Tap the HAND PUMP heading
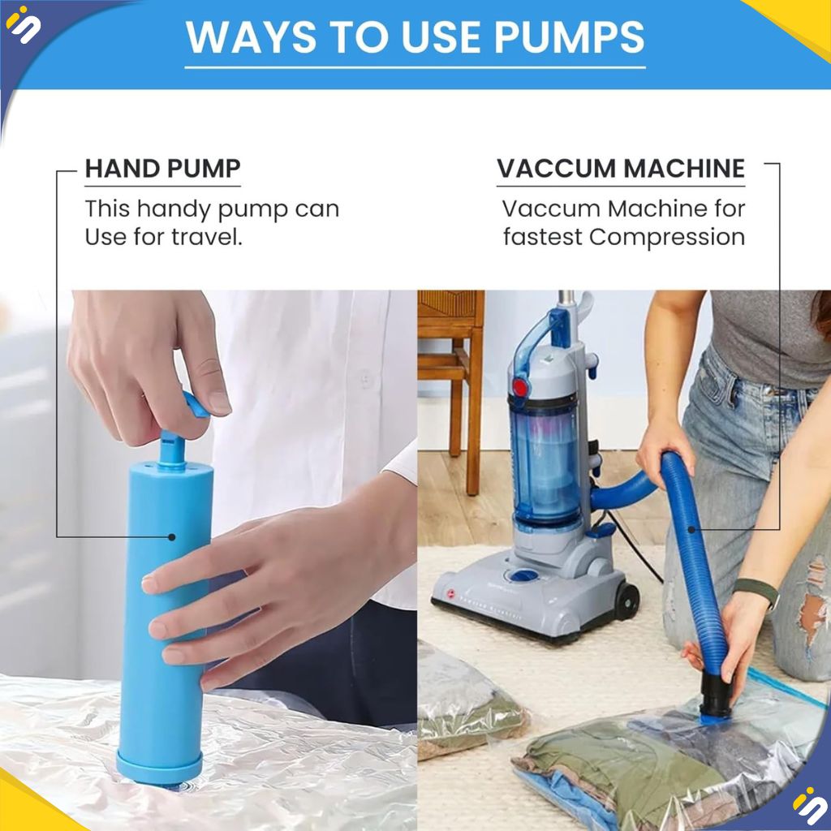tap(162, 169)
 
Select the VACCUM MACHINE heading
tap(621, 169)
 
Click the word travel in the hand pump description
tap(207, 236)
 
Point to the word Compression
tap(667, 237)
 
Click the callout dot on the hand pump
tap(172, 537)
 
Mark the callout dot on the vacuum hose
tap(691, 529)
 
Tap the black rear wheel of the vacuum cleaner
tap(626, 601)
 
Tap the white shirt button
tap(365, 378)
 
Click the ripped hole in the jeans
tap(812, 599)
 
